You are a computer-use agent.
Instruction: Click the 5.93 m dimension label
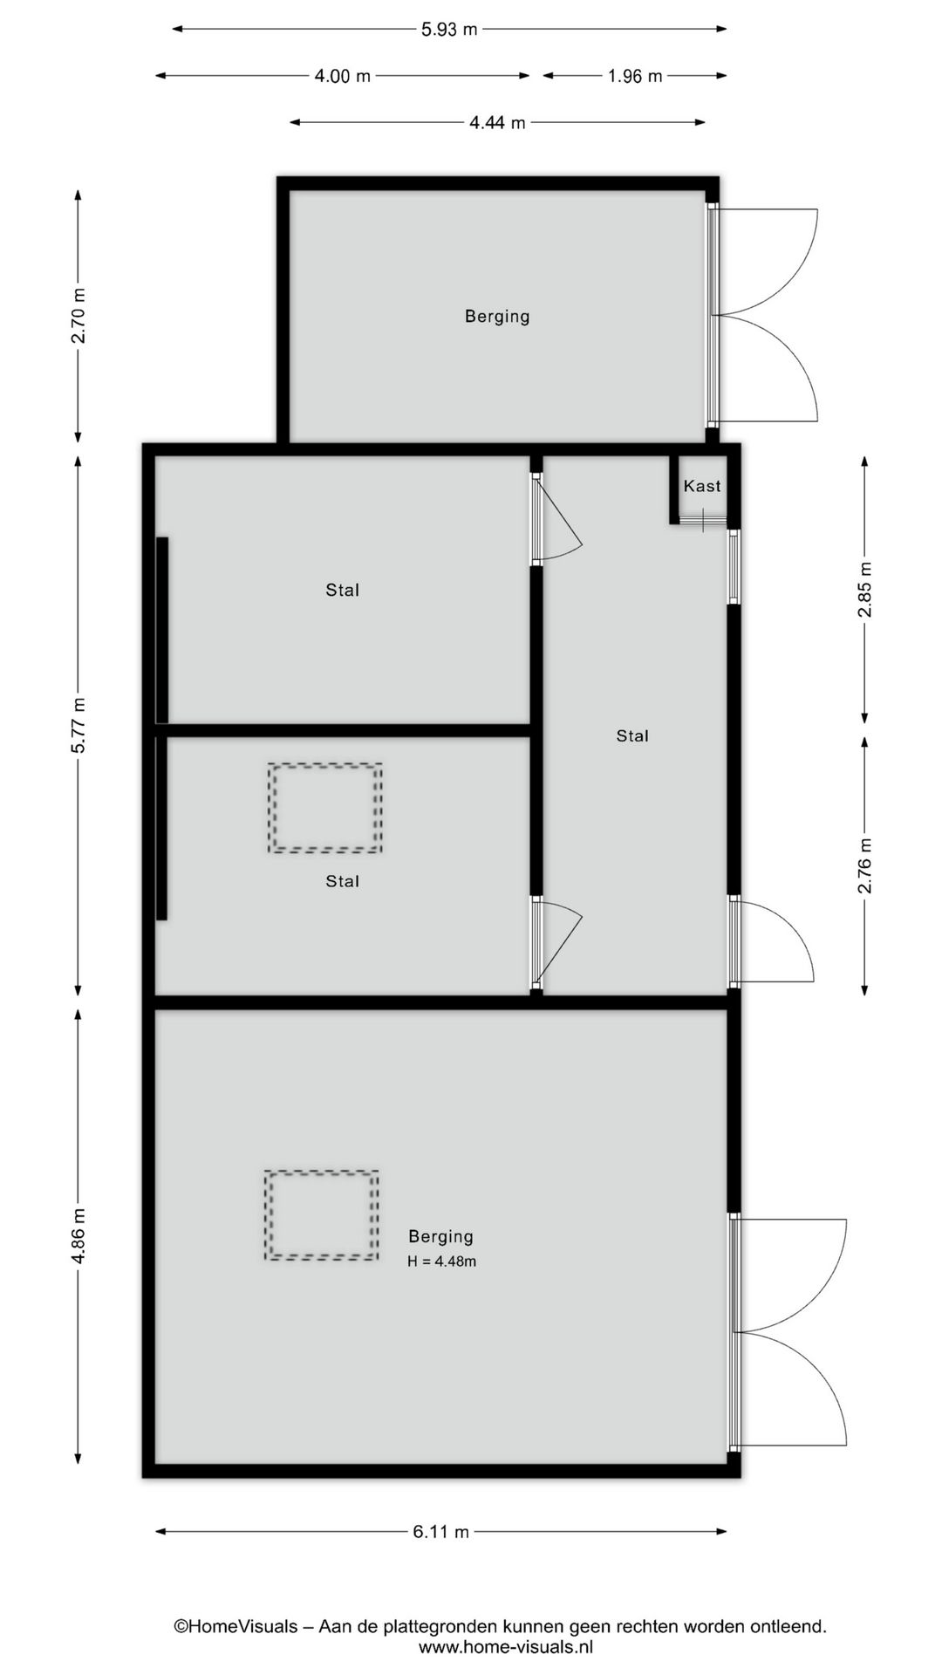pos(449,30)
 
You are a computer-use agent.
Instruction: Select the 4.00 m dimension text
pos(342,77)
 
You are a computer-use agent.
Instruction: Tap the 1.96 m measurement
pos(635,77)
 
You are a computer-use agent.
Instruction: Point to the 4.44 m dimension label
pos(497,123)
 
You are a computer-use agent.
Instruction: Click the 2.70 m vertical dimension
pos(78,315)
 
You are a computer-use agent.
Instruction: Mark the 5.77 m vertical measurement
pos(78,725)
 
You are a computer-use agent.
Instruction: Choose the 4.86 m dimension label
pos(78,1235)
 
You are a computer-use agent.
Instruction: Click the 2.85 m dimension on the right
pos(864,589)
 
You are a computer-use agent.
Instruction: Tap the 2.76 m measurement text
pos(864,865)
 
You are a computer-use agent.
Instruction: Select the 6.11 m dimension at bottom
pos(440,1532)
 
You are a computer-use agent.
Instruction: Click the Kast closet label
pos(702,486)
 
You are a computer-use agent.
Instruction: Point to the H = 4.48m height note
pos(441,1261)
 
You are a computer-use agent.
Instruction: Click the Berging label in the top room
pos(497,316)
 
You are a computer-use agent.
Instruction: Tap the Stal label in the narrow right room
pos(632,736)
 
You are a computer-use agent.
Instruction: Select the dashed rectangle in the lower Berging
pos(322,1215)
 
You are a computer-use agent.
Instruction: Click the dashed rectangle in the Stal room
pos(325,808)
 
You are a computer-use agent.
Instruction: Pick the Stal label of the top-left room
pos(342,591)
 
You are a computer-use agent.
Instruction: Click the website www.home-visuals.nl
pos(506,1648)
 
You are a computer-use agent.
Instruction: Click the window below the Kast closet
pos(734,567)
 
